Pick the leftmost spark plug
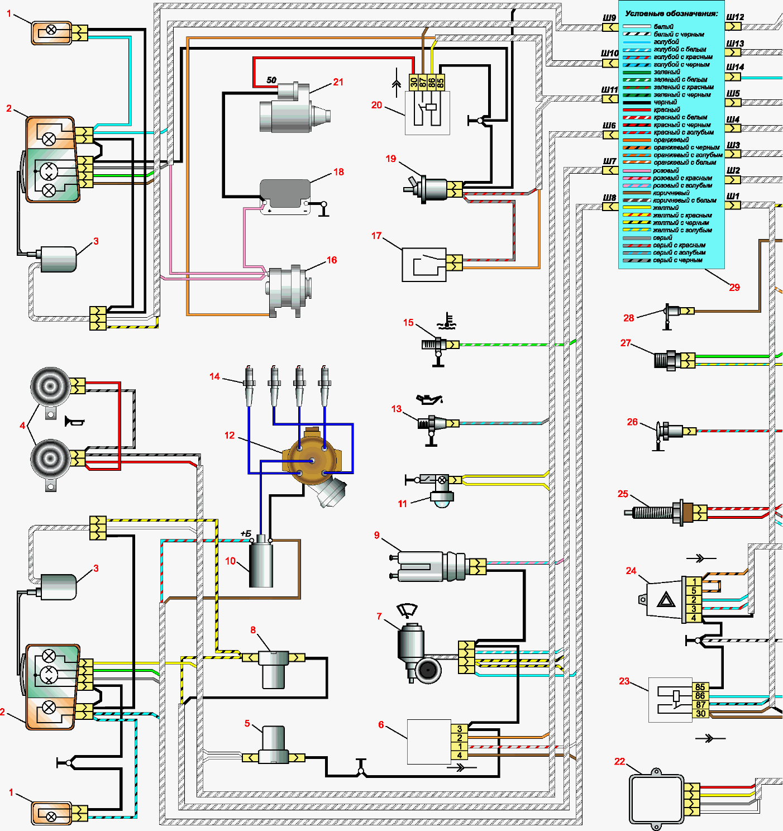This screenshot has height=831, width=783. point(249,385)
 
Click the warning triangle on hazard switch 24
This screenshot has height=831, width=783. point(666,600)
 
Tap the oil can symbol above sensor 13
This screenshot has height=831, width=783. point(429,399)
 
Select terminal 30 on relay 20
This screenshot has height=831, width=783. point(413,83)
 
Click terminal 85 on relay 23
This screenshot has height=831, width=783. point(700,687)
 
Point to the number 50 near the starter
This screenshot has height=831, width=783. point(271,80)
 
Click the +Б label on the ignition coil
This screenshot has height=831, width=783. point(246,533)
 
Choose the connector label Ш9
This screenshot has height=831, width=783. point(609,18)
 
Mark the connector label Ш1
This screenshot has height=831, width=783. point(733,196)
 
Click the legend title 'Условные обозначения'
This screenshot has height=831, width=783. point(671,13)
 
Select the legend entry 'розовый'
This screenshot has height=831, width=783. point(666,170)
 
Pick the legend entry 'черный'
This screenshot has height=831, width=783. point(665,102)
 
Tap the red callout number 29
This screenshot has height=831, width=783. point(734,287)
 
